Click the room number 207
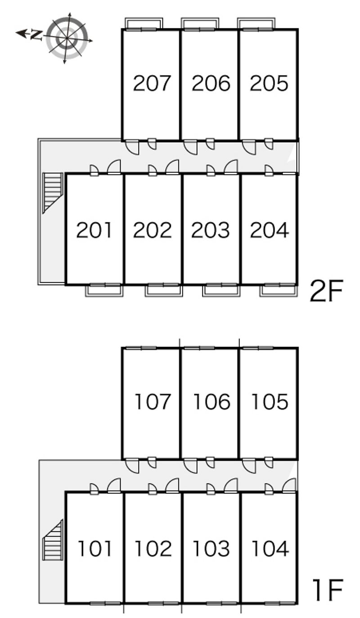pos(152,83)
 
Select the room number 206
pos(211,83)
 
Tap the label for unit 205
pos(269,83)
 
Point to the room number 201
pos(94,230)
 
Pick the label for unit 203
pos(211,230)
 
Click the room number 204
pos(270,230)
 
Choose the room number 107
pos(152,401)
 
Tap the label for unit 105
pos(270,401)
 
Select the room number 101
pos(94,548)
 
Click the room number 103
pos(211,548)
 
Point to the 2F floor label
pos(326,290)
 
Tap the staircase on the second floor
pos(53,192)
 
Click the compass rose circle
pos(67,38)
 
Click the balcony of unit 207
pos(144,23)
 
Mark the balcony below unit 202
pos(164,290)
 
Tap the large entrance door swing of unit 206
pos(190,147)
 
